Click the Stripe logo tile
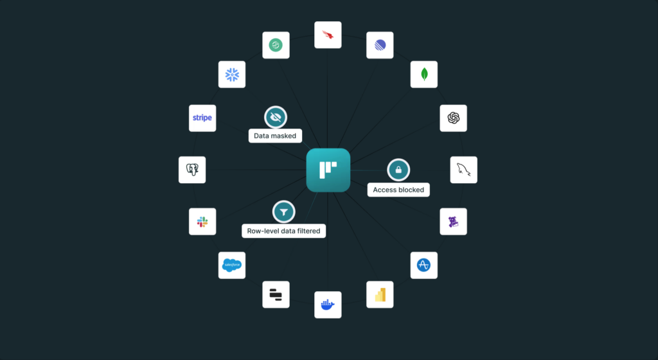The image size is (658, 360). click(x=202, y=118)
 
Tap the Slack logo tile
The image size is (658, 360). click(x=202, y=222)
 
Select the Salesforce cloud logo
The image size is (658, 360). click(x=232, y=265)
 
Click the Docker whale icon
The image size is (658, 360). click(x=328, y=305)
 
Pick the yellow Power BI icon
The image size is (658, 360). click(x=380, y=294)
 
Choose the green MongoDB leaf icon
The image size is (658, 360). click(x=424, y=75)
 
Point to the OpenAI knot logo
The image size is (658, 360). click(x=454, y=118)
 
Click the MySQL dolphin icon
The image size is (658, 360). click(x=464, y=170)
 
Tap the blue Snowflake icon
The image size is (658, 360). click(x=232, y=75)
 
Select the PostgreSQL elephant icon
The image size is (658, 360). click(x=192, y=170)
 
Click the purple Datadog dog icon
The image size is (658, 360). click(x=454, y=222)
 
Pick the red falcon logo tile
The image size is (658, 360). click(x=328, y=35)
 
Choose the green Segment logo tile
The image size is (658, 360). click(x=276, y=45)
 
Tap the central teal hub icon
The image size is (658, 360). click(x=328, y=170)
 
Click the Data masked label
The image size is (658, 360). click(x=275, y=136)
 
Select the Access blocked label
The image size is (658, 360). click(x=398, y=190)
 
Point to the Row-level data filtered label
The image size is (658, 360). click(x=283, y=231)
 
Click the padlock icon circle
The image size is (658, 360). click(x=398, y=170)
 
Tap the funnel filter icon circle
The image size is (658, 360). click(x=283, y=211)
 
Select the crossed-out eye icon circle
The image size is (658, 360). click(x=276, y=116)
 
